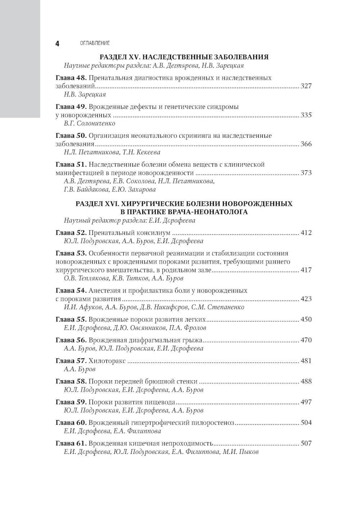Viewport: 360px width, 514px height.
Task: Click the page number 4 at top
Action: coord(57,44)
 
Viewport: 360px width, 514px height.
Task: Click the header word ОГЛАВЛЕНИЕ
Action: coord(95,43)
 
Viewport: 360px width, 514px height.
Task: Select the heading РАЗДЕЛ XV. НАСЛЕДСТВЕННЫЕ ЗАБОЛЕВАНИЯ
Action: coord(184,57)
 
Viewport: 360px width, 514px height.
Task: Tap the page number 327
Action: coord(306,86)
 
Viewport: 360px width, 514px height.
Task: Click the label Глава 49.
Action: coord(71,107)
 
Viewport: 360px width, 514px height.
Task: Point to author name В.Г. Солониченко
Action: coord(89,123)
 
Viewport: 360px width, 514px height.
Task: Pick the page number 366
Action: coord(306,144)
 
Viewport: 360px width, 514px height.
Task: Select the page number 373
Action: coord(306,173)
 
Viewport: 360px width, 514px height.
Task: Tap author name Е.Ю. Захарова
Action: coord(137,190)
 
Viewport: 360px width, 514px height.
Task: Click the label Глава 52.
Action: coord(71,233)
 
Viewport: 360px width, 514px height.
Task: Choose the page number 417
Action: coord(306,270)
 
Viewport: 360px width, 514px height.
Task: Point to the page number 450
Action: coord(306,319)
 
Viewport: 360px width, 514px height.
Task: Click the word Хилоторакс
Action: coord(107,361)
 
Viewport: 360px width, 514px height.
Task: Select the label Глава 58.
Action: coord(71,381)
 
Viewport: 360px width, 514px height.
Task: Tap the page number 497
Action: coord(306,402)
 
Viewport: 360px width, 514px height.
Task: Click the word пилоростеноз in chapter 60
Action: coord(212,423)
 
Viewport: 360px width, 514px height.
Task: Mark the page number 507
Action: coord(306,443)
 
